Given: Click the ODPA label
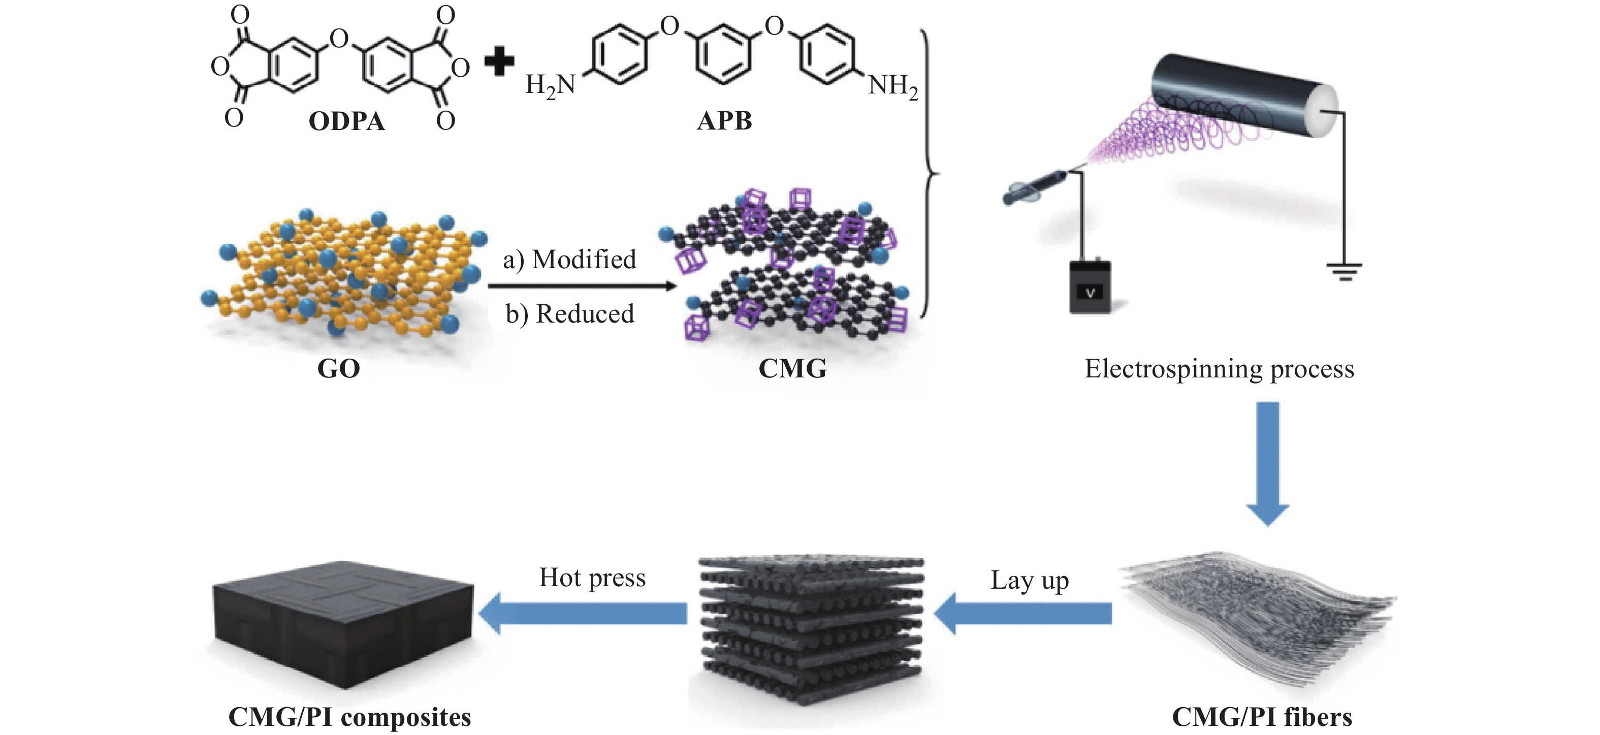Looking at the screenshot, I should (x=346, y=121).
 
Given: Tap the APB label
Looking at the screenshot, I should (x=724, y=120).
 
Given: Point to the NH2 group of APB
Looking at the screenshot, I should (x=892, y=85).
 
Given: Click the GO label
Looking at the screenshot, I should (x=338, y=368).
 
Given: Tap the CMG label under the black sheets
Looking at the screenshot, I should (x=792, y=368).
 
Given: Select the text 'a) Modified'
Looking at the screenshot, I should (x=569, y=259).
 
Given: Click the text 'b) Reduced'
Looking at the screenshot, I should (x=569, y=314).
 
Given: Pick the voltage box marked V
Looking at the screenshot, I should (x=1090, y=286).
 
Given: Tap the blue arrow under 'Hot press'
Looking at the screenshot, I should (x=584, y=613).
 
